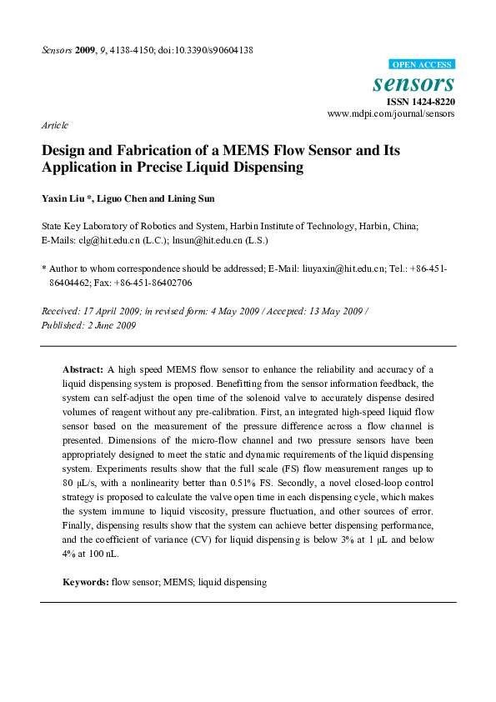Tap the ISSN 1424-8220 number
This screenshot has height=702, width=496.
click(x=420, y=102)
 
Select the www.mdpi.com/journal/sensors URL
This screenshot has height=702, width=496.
click(x=391, y=113)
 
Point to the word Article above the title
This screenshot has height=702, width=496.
click(x=55, y=124)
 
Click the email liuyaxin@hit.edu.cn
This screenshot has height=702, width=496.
click(x=336, y=269)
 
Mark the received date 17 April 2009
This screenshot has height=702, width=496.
click(x=110, y=311)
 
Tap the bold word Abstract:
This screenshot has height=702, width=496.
click(x=83, y=368)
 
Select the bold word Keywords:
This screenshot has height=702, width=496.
click(x=86, y=582)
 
